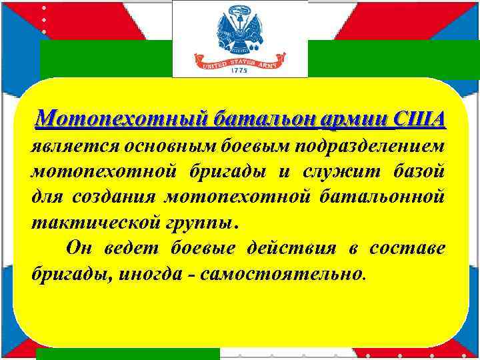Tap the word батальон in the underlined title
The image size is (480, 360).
(x=251, y=119)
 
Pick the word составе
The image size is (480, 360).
(x=408, y=248)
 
